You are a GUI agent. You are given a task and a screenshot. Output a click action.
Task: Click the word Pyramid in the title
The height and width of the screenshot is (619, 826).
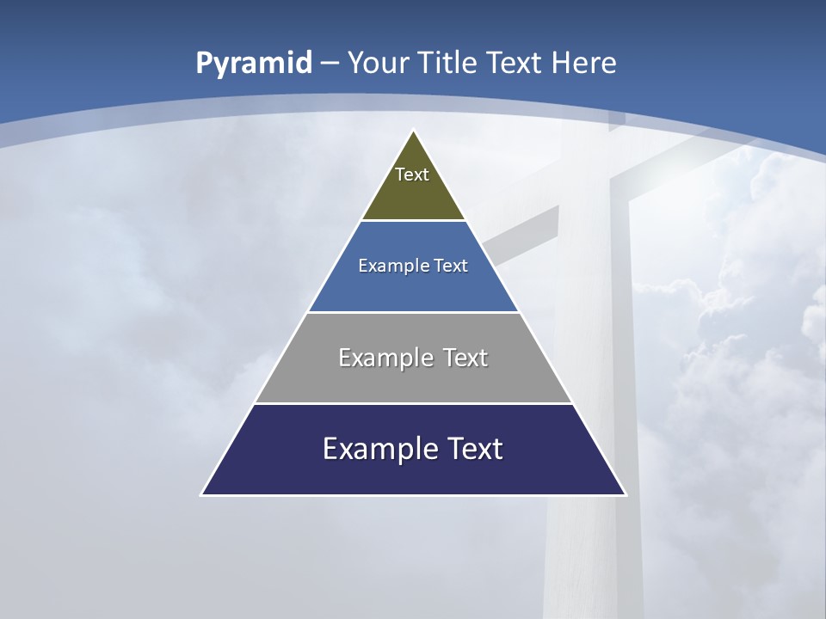tap(254, 63)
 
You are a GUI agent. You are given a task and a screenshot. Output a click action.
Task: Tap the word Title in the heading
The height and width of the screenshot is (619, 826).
tap(447, 63)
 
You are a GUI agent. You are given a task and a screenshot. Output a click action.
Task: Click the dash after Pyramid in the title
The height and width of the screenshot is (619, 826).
tap(330, 64)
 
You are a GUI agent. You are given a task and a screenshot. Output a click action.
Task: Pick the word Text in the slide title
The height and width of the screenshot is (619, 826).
tap(515, 63)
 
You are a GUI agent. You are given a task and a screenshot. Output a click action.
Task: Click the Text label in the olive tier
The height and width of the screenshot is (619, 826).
tap(412, 175)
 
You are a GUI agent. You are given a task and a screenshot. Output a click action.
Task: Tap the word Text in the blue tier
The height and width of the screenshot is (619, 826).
tap(452, 266)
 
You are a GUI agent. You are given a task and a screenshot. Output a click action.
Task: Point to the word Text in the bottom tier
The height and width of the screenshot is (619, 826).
tap(472, 449)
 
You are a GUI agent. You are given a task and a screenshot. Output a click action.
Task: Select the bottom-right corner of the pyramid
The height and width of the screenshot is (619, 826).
tap(625, 494)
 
